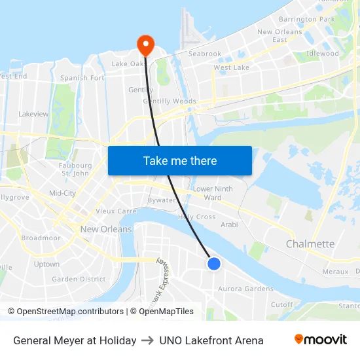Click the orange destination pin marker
click(x=145, y=45)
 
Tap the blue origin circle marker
click(x=213, y=263)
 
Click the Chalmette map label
click(x=310, y=244)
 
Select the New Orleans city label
click(x=106, y=229)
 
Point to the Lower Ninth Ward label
click(x=213, y=193)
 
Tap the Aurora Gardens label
click(x=245, y=289)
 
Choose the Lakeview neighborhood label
click(x=33, y=114)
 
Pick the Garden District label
click(x=79, y=279)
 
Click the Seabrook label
click(x=205, y=54)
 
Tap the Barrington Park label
click(x=307, y=20)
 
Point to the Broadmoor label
click(x=41, y=238)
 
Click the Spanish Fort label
click(x=82, y=78)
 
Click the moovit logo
click(x=320, y=339)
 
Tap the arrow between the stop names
click(x=147, y=340)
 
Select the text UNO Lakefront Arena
click(x=211, y=340)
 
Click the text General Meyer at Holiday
click(x=75, y=340)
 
